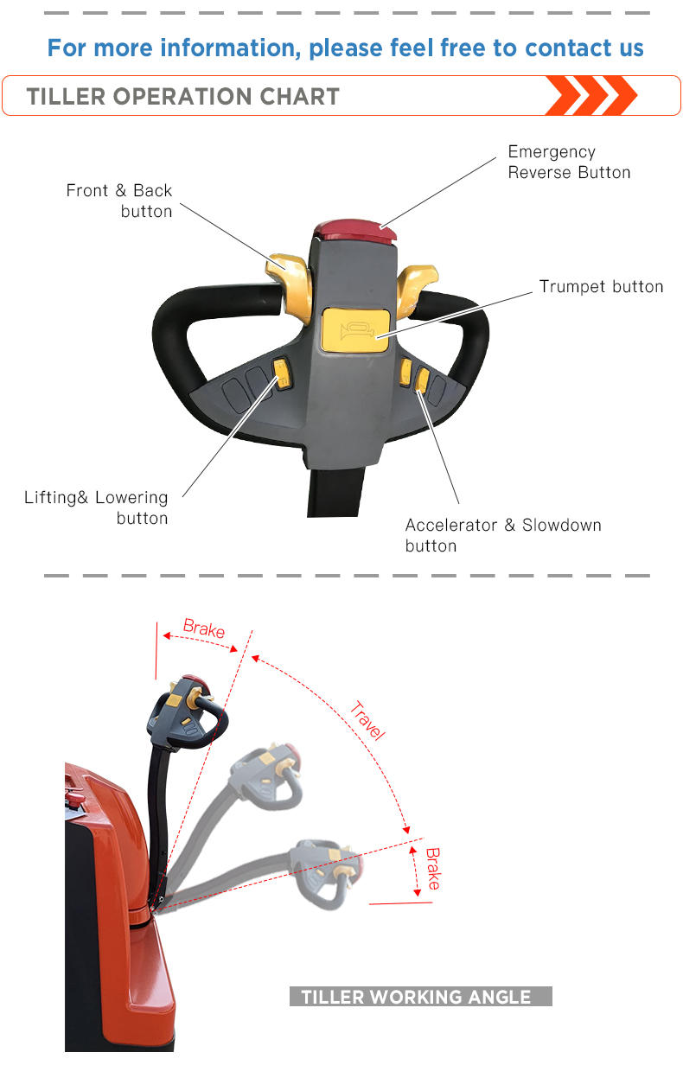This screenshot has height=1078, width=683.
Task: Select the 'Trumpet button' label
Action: pyautogui.click(x=601, y=286)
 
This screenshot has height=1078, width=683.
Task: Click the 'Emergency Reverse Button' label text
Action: pyautogui.click(x=569, y=162)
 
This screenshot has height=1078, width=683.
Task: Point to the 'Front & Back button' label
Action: pyautogui.click(x=119, y=201)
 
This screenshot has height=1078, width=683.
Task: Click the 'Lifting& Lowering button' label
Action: pyautogui.click(x=96, y=507)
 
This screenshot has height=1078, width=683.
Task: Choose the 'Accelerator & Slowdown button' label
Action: pyautogui.click(x=502, y=535)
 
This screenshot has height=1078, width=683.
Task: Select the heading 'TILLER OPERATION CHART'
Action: pyautogui.click(x=183, y=96)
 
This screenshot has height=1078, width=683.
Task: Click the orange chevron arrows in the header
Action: pyautogui.click(x=591, y=95)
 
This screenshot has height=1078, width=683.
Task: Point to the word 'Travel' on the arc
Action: pyautogui.click(x=367, y=721)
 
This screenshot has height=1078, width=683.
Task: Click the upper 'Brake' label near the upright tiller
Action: pyautogui.click(x=204, y=629)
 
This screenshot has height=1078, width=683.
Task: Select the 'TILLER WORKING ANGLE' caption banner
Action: pyautogui.click(x=420, y=997)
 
